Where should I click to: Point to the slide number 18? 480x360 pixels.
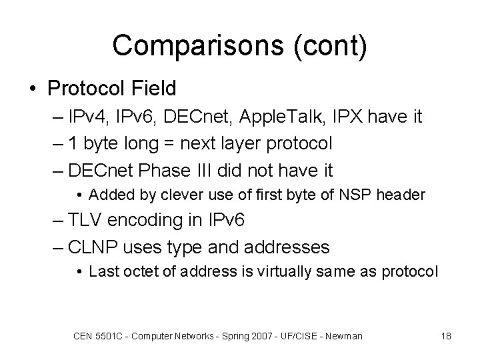click(x=445, y=336)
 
